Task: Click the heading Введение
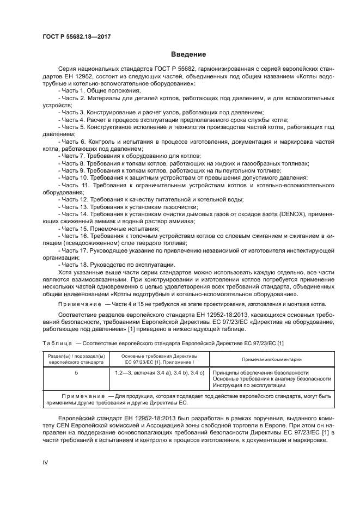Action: (188, 54)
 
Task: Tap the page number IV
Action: (46, 462)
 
